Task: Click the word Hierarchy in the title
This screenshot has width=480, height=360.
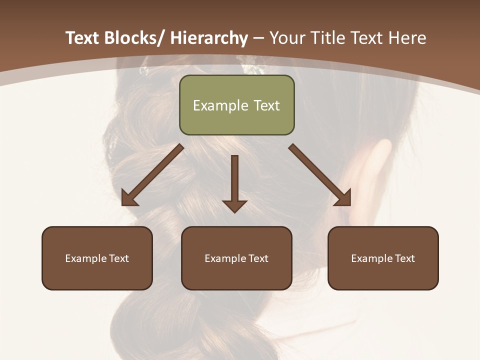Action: click(x=209, y=38)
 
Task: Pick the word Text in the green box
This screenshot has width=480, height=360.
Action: click(x=266, y=105)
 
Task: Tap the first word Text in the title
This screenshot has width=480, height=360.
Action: click(x=82, y=38)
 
